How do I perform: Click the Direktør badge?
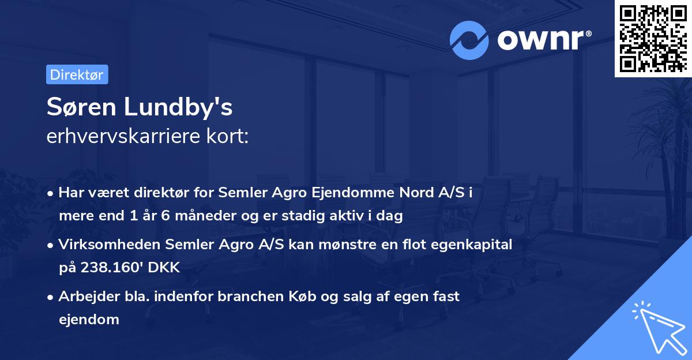point(77,74)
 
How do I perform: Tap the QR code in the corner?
point(653,38)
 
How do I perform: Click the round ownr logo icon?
point(469,39)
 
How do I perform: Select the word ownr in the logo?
point(543,39)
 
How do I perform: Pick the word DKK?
point(167,267)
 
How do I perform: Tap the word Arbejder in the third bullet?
point(84,297)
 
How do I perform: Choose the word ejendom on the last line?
point(88,319)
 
